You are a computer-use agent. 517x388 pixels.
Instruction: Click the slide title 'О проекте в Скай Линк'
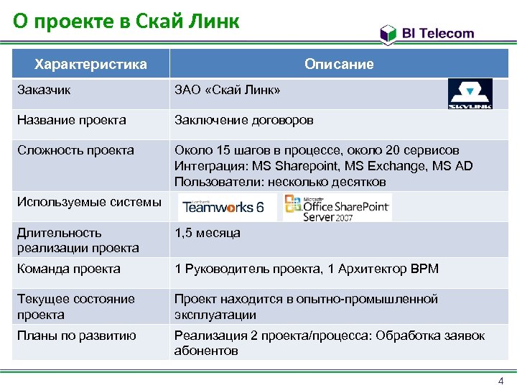[126, 22]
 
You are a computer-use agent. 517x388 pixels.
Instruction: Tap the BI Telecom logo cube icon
[388, 33]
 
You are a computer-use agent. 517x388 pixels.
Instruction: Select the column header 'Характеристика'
[91, 64]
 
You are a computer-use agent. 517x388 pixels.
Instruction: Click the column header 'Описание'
[339, 64]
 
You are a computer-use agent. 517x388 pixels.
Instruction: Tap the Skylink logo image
[470, 93]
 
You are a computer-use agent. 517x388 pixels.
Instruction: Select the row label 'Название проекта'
[72, 120]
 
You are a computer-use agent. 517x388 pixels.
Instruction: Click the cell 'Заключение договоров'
[244, 120]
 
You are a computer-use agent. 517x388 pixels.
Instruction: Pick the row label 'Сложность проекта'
[75, 150]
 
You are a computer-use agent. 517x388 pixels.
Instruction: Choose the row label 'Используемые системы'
[89, 202]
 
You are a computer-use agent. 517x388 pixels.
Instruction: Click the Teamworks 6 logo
[223, 208]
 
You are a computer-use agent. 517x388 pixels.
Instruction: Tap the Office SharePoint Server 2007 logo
[337, 207]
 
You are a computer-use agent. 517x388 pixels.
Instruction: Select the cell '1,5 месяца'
[208, 233]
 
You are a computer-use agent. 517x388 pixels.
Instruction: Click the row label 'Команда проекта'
[69, 269]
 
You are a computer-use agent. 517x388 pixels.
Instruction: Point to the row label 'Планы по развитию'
[77, 336]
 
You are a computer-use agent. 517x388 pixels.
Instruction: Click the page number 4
[500, 380]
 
